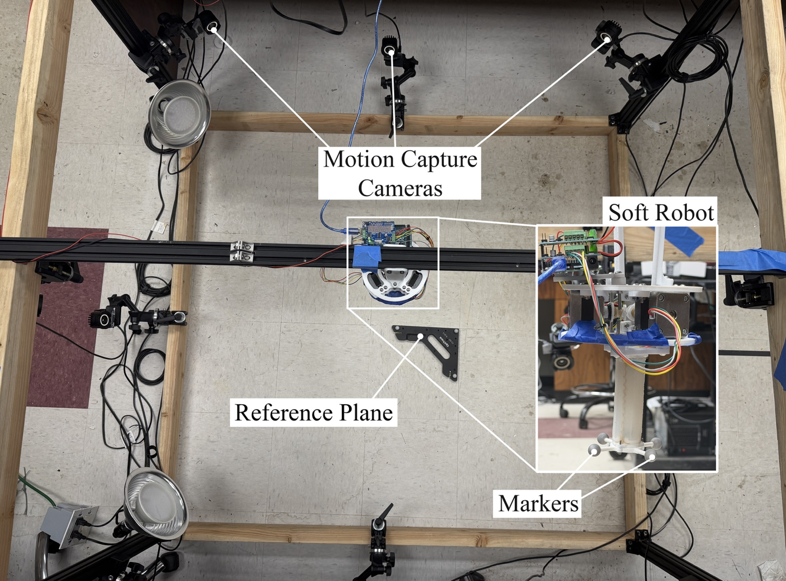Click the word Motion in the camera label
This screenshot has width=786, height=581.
pos(359,159)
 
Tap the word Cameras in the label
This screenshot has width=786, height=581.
pos(401,188)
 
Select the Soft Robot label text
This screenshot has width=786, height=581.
pos(661,213)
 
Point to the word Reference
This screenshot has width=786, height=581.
pos(283,412)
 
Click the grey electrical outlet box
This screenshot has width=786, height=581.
pos(69,524)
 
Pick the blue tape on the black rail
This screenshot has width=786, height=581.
pos(367,258)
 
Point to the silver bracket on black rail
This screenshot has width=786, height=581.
pos(243,251)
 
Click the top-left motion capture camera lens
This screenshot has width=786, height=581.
pos(213,29)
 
